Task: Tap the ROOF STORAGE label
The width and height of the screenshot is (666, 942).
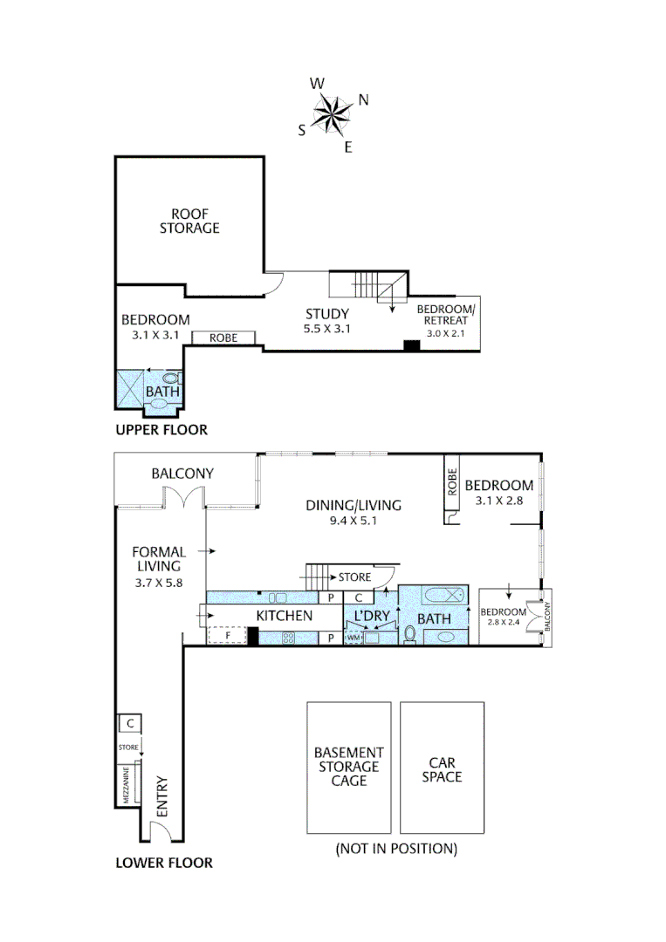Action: coord(189,221)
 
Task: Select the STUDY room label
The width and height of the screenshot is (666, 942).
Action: coord(327,314)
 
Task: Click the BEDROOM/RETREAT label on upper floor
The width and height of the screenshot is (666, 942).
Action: coord(445,315)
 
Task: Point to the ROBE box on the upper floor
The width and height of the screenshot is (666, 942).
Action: coord(223,338)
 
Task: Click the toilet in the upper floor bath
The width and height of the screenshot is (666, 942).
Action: coord(172,379)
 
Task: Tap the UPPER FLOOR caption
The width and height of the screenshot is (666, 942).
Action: coord(161,429)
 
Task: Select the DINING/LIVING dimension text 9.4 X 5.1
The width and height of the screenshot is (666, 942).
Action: coord(353,521)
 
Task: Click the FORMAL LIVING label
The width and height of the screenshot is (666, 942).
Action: coord(159,559)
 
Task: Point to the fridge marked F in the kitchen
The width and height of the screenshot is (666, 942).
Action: coord(227,636)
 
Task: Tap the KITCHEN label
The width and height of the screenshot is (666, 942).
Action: coord(285,616)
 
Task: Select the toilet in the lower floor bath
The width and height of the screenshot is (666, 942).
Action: coord(410,634)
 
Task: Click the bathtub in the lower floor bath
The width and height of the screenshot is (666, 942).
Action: coord(445,596)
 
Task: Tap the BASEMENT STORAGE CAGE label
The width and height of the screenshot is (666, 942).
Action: coord(348,767)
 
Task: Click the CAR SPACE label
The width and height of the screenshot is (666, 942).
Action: coord(442,769)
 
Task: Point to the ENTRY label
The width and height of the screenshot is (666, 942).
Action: coord(162,796)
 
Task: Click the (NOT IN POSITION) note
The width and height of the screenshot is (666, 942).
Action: coord(396,849)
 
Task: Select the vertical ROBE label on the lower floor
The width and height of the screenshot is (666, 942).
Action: coord(453,481)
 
